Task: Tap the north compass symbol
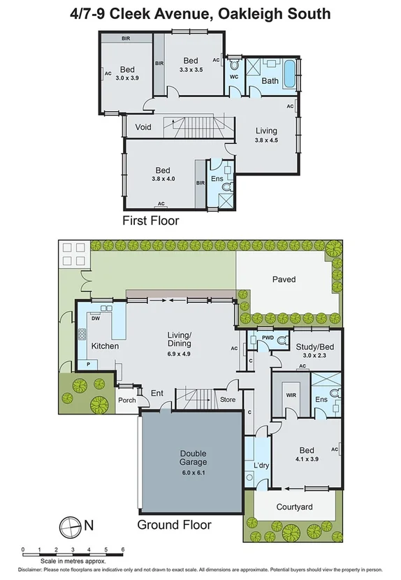[71, 523]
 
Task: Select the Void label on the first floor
[143, 127]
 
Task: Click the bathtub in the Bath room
[288, 73]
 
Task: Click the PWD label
[267, 338]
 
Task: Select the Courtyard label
[293, 507]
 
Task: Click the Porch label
[127, 400]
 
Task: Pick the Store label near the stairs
[228, 400]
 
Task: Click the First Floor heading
[151, 221]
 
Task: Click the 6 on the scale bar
[123, 551]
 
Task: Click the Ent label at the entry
[157, 393]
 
